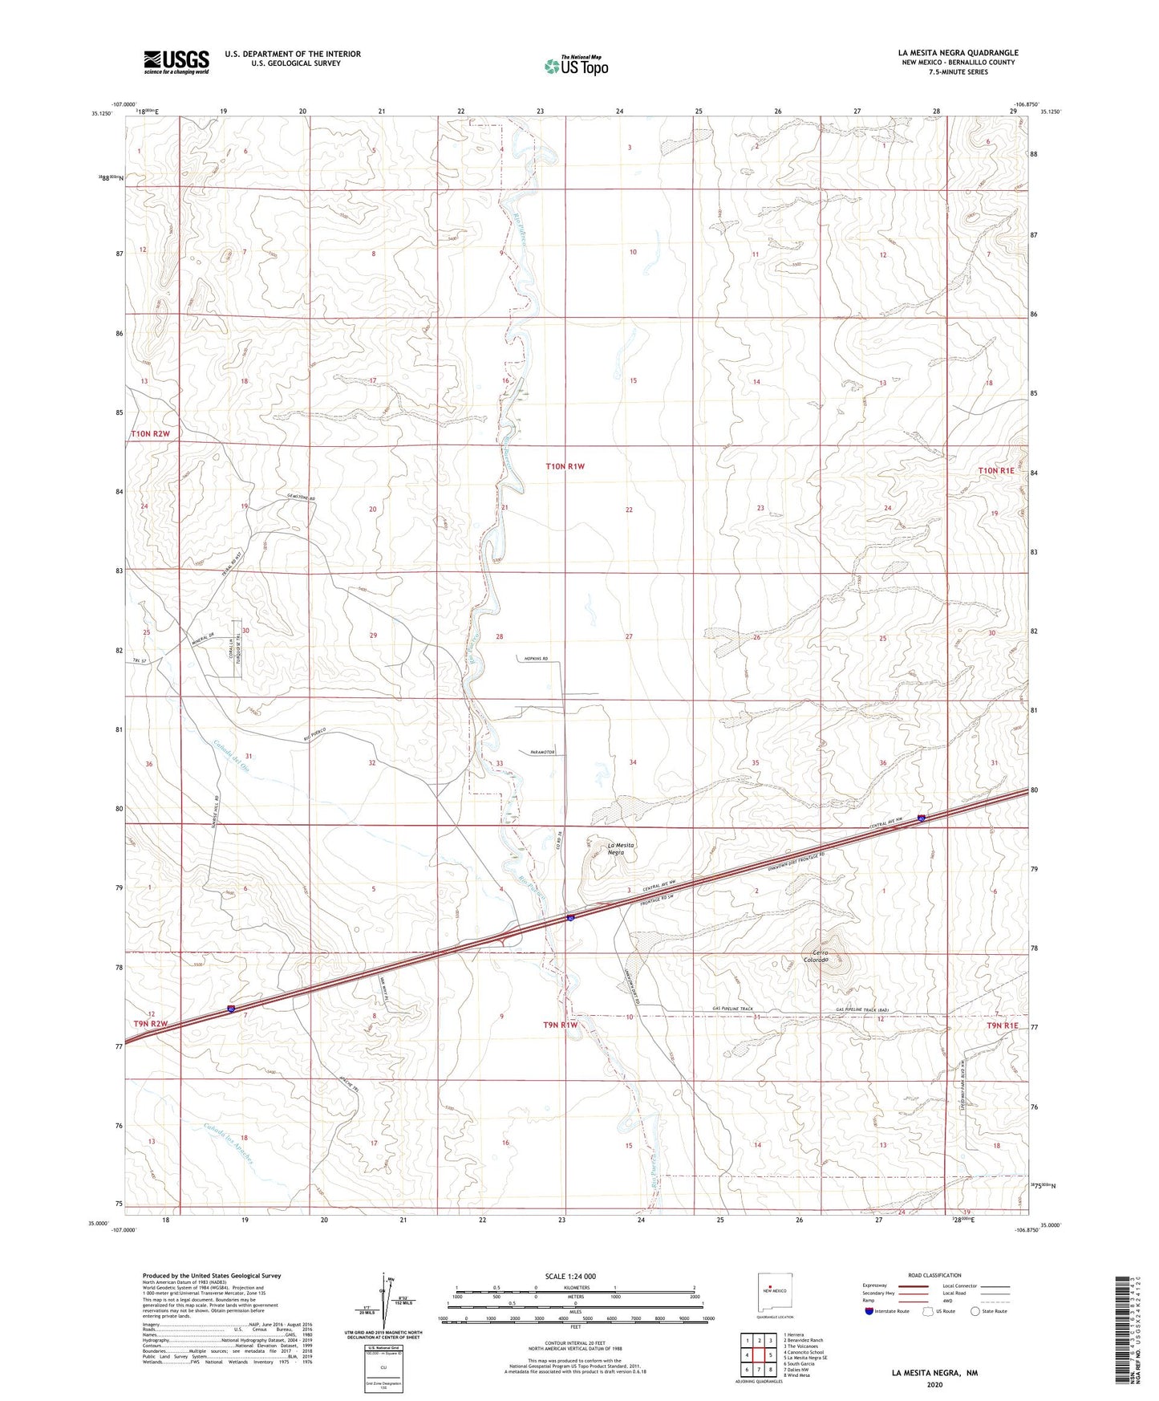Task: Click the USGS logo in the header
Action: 176,62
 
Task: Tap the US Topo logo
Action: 575,66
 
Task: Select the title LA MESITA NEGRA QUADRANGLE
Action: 958,53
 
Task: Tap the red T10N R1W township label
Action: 565,466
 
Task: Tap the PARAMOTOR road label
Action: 542,752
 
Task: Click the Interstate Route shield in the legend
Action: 869,1311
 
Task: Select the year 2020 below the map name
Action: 934,1384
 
